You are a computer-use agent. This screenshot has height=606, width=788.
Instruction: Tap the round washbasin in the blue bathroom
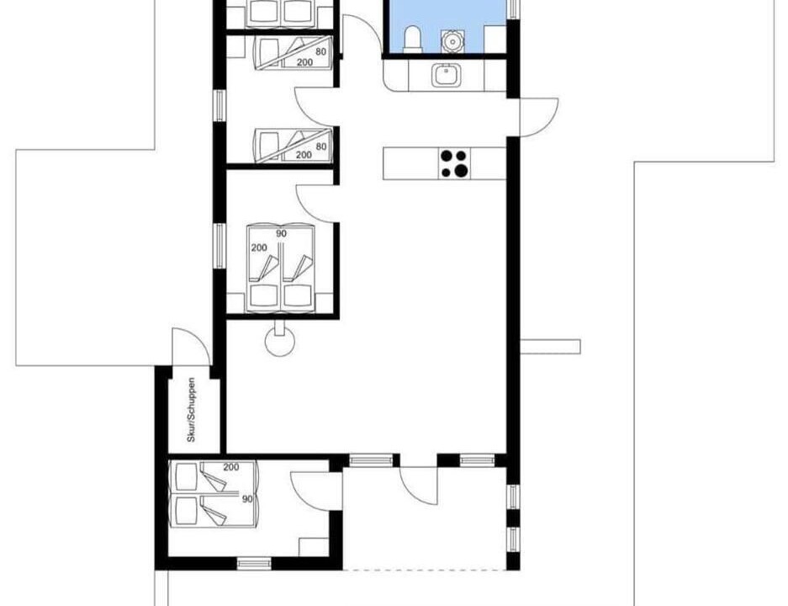(x=452, y=41)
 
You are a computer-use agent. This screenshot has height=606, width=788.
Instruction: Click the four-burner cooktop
(x=454, y=163)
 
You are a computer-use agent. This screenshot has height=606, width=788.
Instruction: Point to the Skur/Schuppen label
(x=191, y=410)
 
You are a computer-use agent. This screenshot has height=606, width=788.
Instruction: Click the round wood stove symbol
(x=279, y=342)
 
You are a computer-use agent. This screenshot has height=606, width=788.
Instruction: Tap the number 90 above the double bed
(x=282, y=234)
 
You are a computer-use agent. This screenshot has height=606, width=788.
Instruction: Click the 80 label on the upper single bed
(x=320, y=52)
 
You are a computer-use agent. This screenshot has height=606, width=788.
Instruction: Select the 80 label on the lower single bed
(x=321, y=146)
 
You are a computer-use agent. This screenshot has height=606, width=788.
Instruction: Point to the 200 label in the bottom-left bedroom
(x=231, y=467)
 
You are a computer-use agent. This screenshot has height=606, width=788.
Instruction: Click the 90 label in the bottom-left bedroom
(x=247, y=499)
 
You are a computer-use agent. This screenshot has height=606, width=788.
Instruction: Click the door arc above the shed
(x=191, y=347)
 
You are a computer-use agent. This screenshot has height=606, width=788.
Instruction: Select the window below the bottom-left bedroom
(x=254, y=563)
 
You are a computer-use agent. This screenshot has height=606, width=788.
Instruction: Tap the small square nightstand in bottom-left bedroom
(x=314, y=547)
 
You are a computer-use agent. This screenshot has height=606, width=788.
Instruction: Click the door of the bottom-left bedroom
(x=310, y=492)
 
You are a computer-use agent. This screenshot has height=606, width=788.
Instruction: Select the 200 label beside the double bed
(x=259, y=248)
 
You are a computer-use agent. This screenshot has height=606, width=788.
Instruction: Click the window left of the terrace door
(x=371, y=460)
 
